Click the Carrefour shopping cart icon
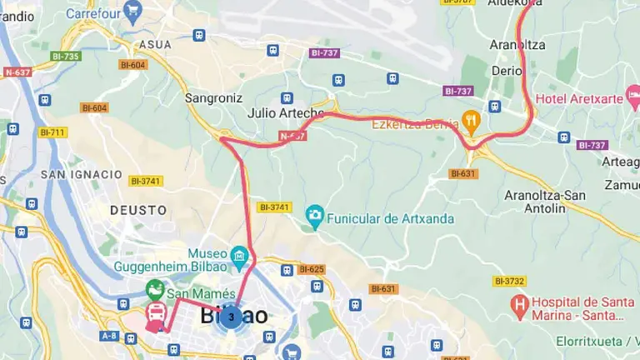(132, 11)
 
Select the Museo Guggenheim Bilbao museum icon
(240, 253)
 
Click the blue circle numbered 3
(231, 317)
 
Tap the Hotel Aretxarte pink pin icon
(524, 99)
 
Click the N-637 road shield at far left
(17, 72)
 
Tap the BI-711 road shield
(52, 132)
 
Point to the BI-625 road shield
(310, 269)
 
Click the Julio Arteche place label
(286, 113)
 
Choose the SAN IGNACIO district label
(81, 174)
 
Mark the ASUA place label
(156, 44)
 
